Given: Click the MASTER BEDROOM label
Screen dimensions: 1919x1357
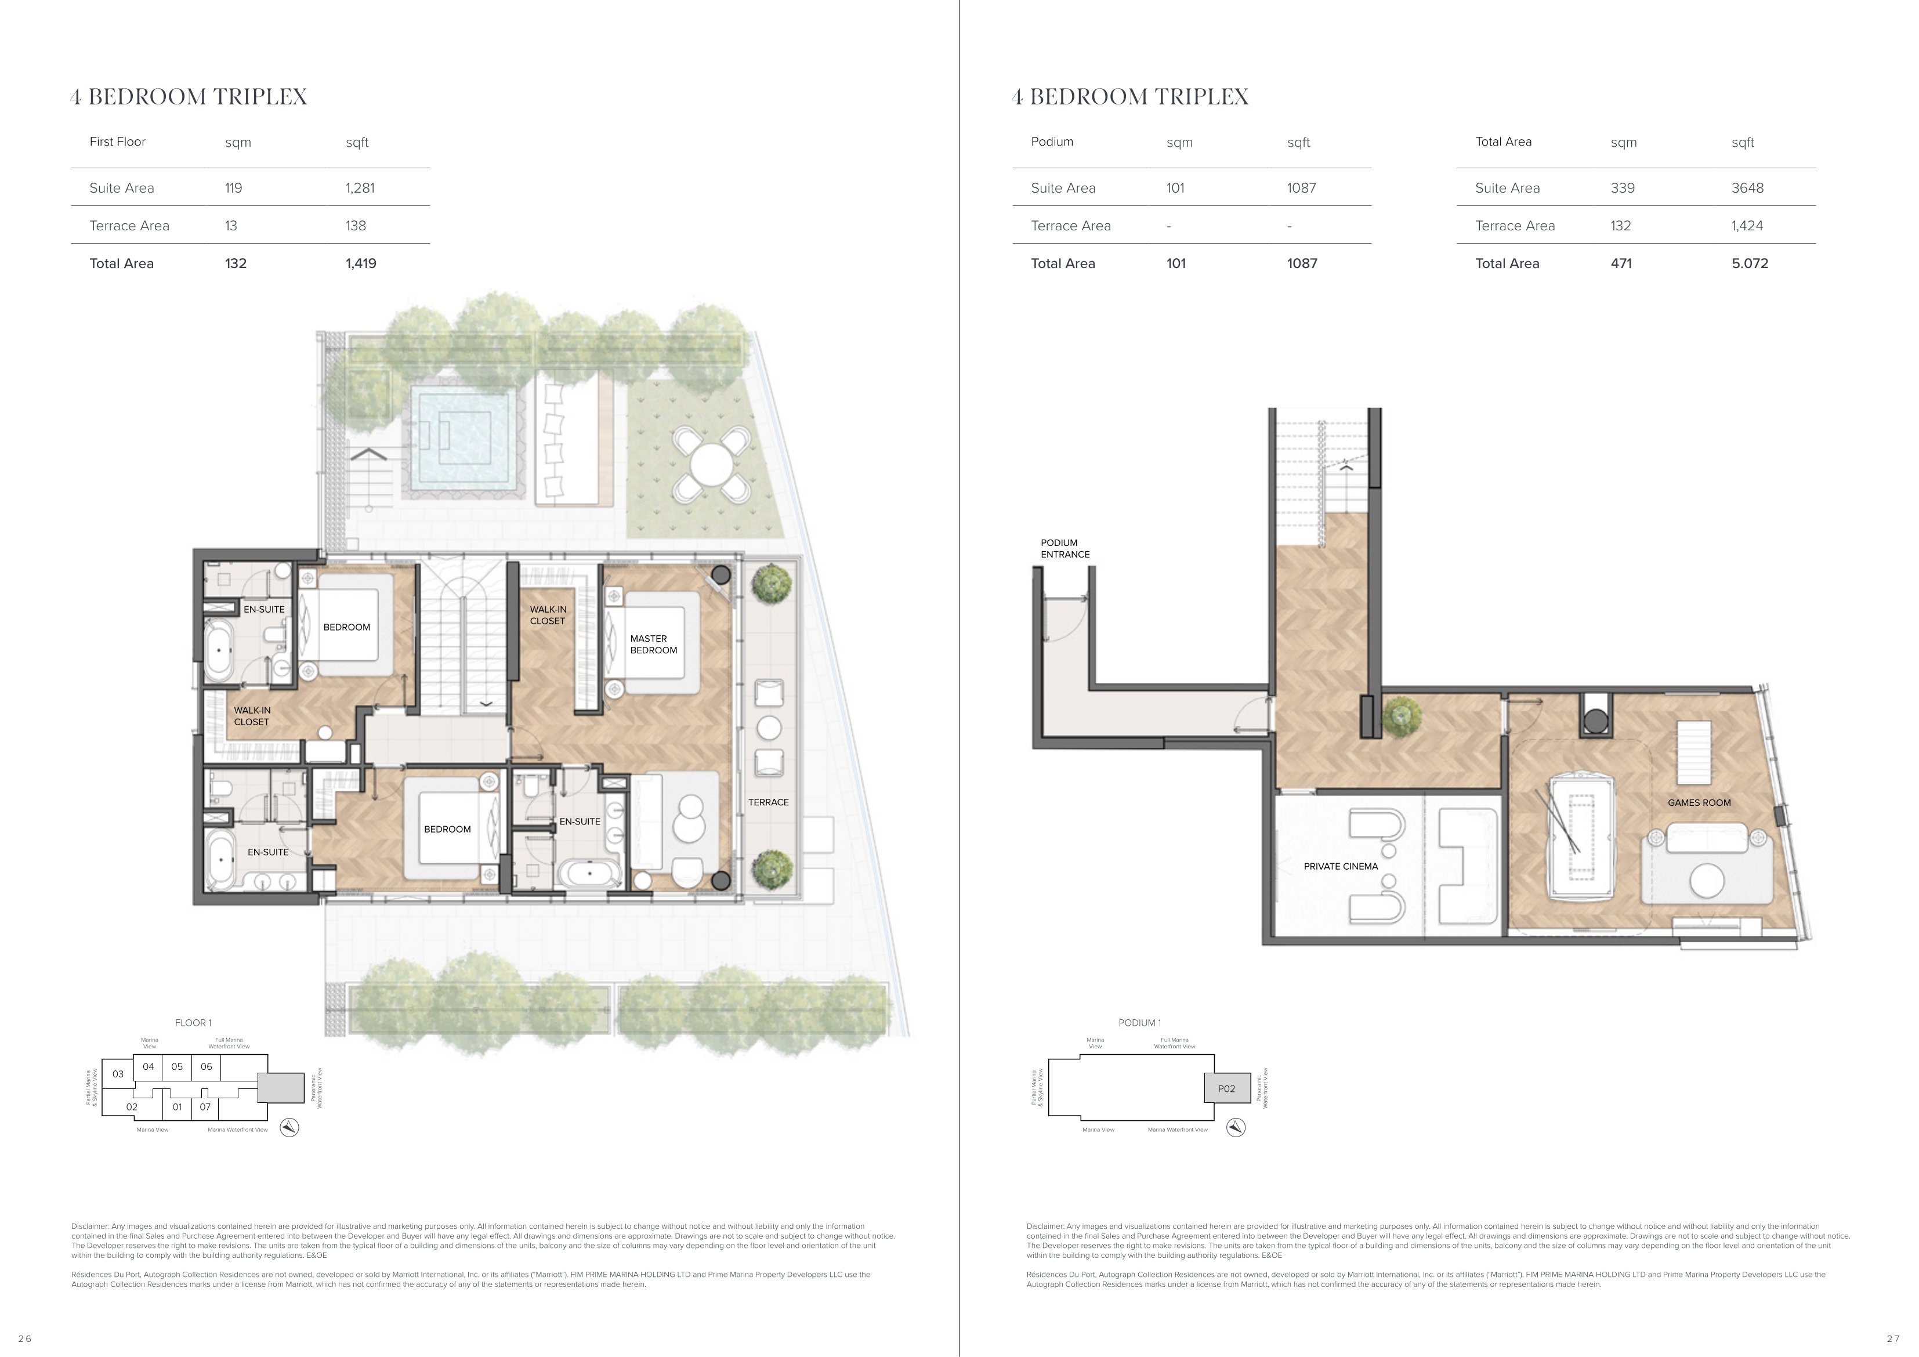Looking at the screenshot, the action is click(654, 644).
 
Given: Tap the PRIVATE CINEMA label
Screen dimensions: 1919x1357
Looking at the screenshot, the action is click(1341, 866).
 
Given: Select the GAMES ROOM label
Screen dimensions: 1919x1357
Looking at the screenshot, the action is click(1699, 803).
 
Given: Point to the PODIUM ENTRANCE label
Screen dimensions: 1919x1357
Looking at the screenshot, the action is click(1065, 548).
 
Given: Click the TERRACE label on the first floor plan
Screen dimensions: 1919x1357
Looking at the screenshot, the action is click(768, 802).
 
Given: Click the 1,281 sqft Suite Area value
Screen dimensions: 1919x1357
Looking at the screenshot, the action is click(360, 188).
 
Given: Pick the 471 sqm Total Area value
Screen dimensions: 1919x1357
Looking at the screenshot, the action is click(1621, 263).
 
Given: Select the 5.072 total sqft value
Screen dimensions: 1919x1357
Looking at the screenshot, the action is click(1750, 263).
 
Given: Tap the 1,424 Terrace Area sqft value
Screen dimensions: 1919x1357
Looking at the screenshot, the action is click(1747, 226).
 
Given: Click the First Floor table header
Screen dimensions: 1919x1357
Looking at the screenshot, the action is click(117, 142).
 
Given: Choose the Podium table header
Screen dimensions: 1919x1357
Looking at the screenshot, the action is click(1051, 142).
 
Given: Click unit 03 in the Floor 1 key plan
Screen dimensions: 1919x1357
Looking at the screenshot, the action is click(118, 1074).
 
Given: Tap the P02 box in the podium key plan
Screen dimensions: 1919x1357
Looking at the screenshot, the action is click(1226, 1088).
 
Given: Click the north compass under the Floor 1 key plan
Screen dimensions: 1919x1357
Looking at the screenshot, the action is click(289, 1127).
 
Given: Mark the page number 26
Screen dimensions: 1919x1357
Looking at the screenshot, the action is click(24, 1338).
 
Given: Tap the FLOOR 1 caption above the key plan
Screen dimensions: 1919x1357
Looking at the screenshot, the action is click(193, 1023).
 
